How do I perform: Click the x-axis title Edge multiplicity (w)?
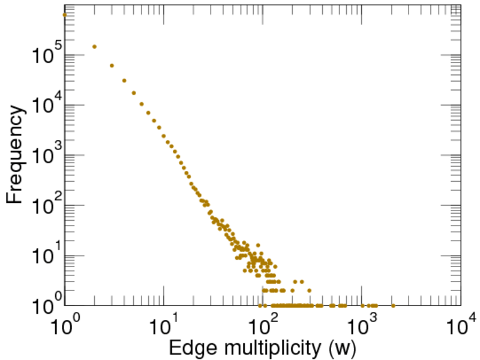tap(263, 348)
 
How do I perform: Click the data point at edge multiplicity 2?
tap(94, 46)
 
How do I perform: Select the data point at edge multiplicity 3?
tap(112, 65)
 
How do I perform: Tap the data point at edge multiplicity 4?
tap(124, 80)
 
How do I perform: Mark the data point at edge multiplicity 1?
tap(65, 14)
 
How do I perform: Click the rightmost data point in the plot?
tap(393, 305)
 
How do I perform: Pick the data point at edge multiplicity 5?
tap(134, 93)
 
